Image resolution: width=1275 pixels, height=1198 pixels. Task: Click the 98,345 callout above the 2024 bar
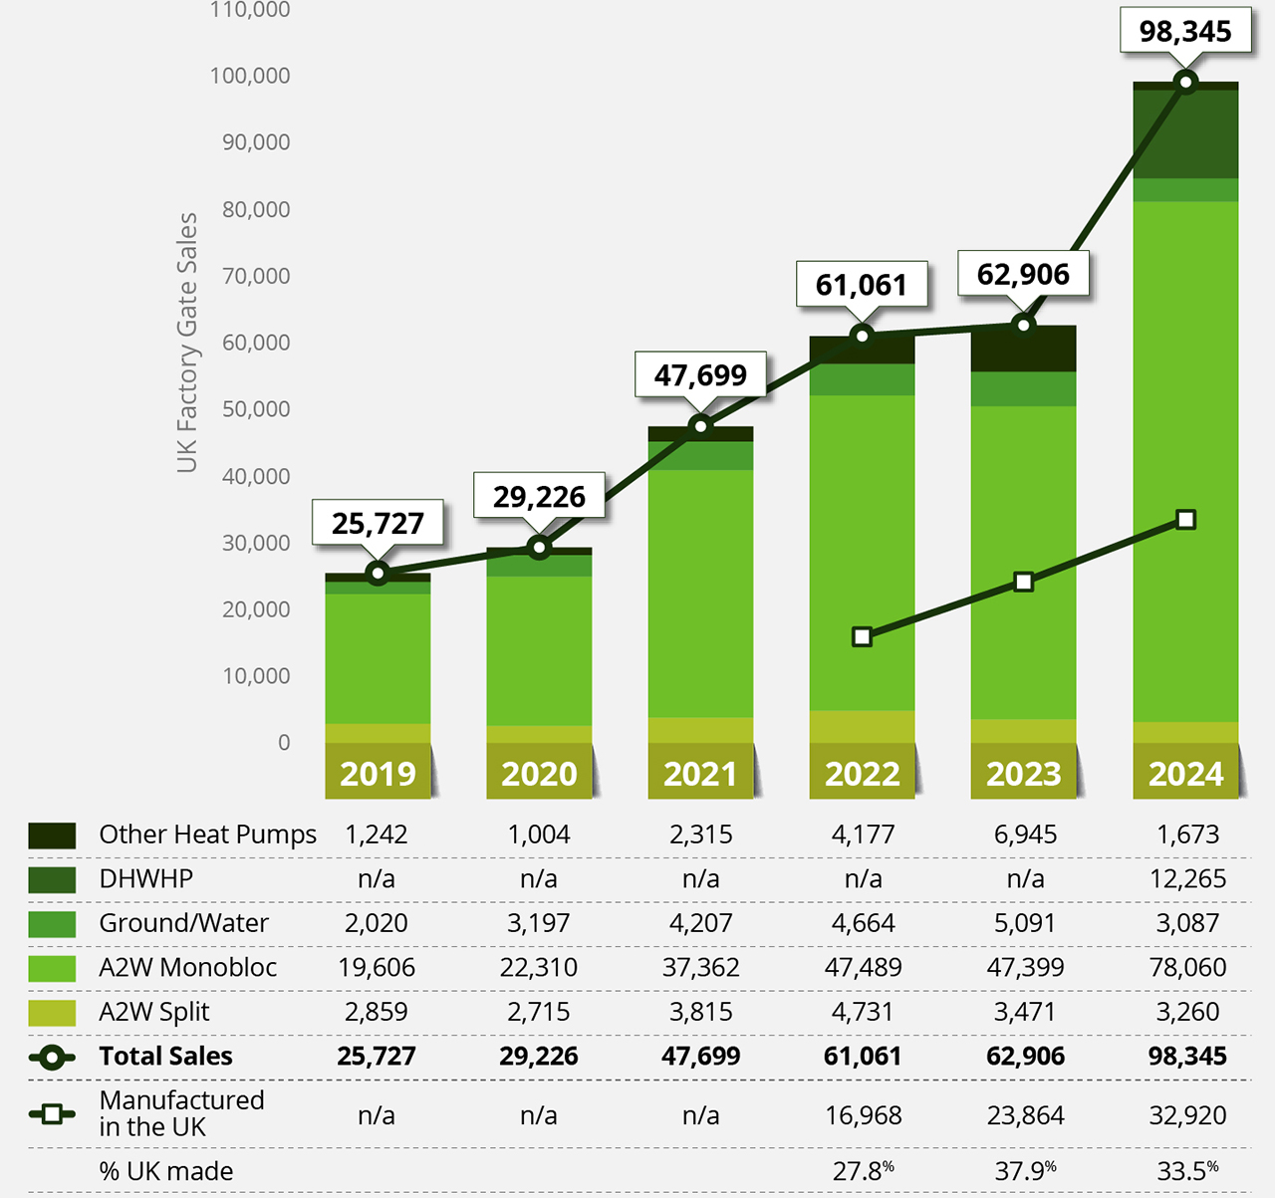(x=1185, y=31)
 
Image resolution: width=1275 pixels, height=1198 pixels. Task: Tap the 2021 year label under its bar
(x=700, y=774)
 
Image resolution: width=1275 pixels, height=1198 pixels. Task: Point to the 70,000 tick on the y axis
(x=256, y=276)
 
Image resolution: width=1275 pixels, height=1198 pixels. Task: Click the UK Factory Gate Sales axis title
(x=187, y=343)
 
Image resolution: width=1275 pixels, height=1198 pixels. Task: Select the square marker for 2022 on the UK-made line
(x=863, y=636)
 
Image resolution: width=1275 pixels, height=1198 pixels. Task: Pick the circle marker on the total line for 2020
(x=539, y=547)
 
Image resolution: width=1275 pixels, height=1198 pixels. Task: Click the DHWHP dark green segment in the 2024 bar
(x=1185, y=134)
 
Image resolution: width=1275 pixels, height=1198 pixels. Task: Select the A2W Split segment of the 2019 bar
(x=378, y=733)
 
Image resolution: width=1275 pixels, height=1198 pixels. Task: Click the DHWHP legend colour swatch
(x=52, y=879)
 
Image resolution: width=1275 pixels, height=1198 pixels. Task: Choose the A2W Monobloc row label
(x=187, y=967)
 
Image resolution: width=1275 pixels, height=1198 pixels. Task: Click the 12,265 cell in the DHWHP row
(x=1187, y=878)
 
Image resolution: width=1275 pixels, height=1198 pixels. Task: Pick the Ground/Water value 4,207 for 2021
(x=700, y=923)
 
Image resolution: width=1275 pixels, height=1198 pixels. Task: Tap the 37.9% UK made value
(x=1025, y=1171)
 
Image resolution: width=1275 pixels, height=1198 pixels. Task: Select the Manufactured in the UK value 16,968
(x=863, y=1115)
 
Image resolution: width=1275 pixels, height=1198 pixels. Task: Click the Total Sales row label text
(x=165, y=1056)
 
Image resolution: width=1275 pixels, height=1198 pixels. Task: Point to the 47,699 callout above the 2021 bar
(x=700, y=375)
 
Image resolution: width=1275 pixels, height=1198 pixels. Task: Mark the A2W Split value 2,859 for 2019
(x=377, y=1012)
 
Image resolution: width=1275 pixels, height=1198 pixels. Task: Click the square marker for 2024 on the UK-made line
(x=1185, y=520)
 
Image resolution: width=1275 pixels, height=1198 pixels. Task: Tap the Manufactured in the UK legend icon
(x=52, y=1113)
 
